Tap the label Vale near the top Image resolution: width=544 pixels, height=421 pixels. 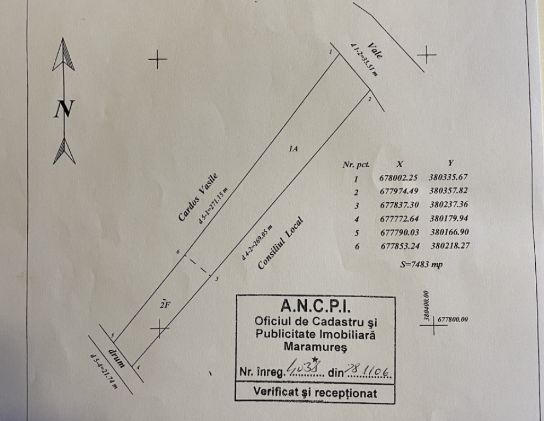pyautogui.click(x=375, y=50)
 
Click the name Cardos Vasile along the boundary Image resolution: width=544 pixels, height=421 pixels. pyautogui.click(x=198, y=197)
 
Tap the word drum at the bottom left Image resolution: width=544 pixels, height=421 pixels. pyautogui.click(x=117, y=357)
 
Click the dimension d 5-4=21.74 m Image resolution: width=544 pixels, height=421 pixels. pyautogui.click(x=104, y=371)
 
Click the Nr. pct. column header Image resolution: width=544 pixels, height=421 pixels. pyautogui.click(x=356, y=163)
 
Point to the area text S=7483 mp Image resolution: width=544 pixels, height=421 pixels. pyautogui.click(x=421, y=265)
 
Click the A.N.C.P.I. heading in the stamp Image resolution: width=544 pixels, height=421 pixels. pyautogui.click(x=314, y=304)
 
